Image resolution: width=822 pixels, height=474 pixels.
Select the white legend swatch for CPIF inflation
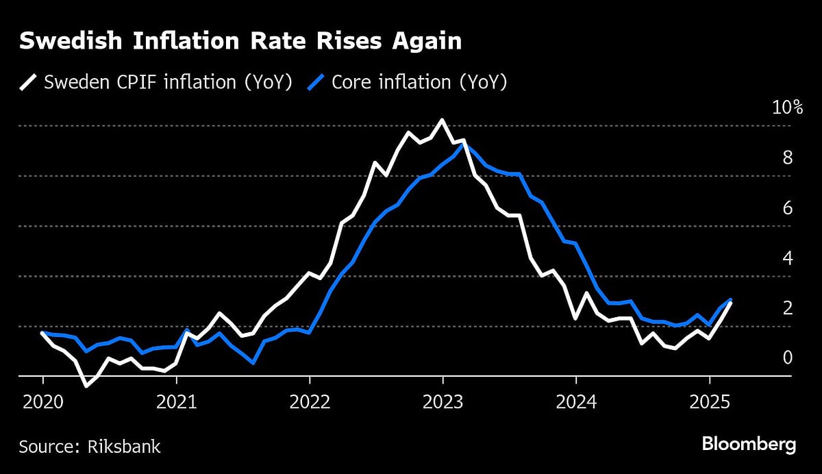pos(29,83)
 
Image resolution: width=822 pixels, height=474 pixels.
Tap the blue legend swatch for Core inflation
pos(316,83)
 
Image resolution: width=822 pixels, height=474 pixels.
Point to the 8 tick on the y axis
pos(788,158)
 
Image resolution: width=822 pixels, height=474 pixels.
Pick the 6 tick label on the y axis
pos(788,208)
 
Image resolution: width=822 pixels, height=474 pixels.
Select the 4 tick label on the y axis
pos(788,258)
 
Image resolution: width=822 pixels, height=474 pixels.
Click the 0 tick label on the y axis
pos(788,358)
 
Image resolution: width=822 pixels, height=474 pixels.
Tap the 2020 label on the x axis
pos(42,402)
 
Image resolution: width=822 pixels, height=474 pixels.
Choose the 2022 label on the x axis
pos(310,402)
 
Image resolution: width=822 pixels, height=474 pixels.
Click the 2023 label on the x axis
pos(443,402)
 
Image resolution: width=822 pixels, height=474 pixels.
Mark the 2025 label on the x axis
pos(709,402)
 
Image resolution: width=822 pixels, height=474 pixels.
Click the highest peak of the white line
pos(442,120)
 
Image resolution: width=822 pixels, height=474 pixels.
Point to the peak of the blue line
pos(464,145)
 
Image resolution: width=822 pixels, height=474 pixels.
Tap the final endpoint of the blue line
pos(731,300)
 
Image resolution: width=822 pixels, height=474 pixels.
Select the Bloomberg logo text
pos(749,445)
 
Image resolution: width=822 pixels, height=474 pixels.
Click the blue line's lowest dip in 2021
pos(253,362)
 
